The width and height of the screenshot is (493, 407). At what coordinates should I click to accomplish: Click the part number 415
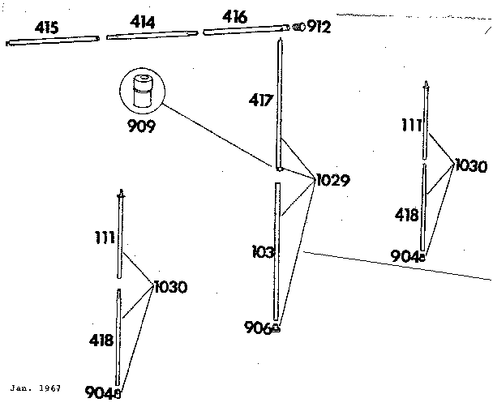tap(46, 28)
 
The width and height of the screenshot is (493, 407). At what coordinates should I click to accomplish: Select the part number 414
tap(143, 23)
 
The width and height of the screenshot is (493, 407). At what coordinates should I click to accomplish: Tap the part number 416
tap(235, 17)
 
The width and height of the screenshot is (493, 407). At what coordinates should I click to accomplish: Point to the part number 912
tap(319, 27)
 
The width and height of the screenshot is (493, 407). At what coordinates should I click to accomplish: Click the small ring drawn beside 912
tap(299, 27)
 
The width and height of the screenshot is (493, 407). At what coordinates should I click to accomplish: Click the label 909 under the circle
tap(141, 126)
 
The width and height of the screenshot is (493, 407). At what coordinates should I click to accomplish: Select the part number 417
tap(260, 101)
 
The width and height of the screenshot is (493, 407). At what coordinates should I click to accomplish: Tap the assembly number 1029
tap(333, 181)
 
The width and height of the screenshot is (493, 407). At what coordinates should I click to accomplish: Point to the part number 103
tap(264, 252)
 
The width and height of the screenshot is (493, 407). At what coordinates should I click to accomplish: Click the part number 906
tap(258, 328)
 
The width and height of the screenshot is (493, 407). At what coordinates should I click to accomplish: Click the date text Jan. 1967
tap(35, 388)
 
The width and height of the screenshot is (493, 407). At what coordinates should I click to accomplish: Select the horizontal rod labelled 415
tap(53, 41)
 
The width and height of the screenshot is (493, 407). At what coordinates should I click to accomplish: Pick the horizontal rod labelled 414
tap(152, 35)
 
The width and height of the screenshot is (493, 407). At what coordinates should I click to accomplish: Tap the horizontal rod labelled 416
tap(246, 29)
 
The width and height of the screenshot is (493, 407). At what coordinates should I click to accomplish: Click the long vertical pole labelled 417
tap(280, 105)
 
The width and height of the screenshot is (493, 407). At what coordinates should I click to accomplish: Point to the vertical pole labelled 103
tap(277, 251)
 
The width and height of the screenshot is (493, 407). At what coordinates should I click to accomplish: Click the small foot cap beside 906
tap(276, 328)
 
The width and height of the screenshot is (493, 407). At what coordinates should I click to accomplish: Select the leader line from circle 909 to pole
tap(217, 135)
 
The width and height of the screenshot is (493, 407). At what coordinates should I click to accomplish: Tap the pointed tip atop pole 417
tap(280, 39)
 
